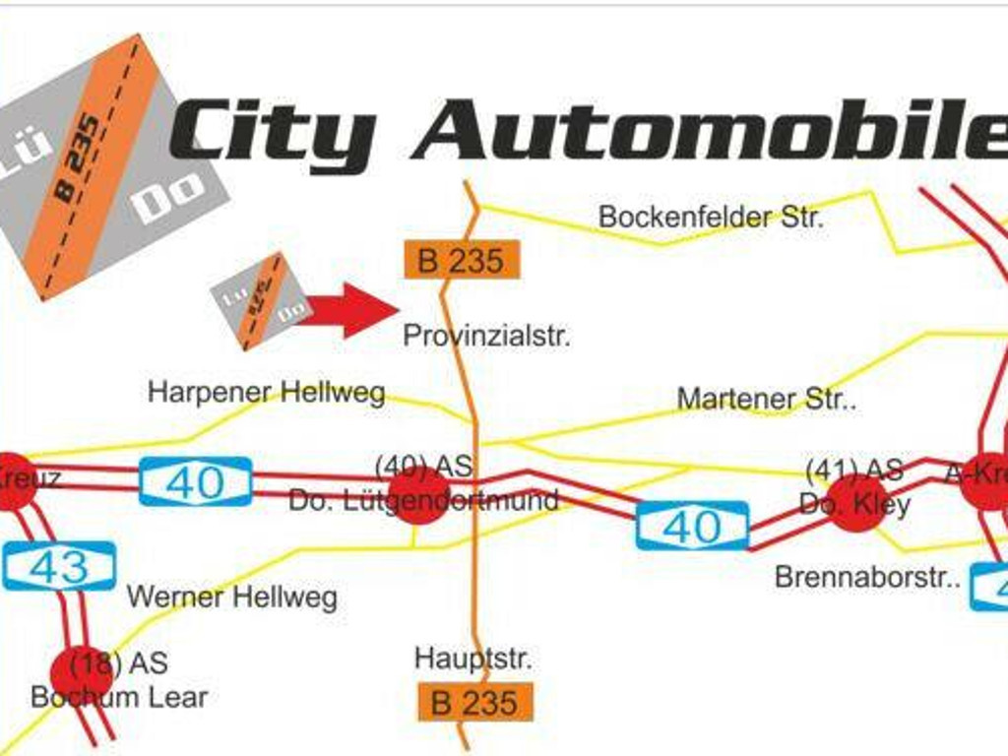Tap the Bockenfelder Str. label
click(x=710, y=217)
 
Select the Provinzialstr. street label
click(x=486, y=337)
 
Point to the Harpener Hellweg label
click(x=266, y=393)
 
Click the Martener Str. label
click(x=766, y=400)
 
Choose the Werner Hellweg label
click(x=231, y=597)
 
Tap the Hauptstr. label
click(x=472, y=658)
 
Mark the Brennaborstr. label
click(x=866, y=577)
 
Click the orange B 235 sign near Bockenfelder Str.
click(x=461, y=261)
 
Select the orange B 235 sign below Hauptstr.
click(x=474, y=703)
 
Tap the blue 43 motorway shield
click(x=59, y=567)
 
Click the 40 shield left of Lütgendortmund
click(x=195, y=482)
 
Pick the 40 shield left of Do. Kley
click(x=692, y=527)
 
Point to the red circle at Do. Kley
click(x=854, y=503)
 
